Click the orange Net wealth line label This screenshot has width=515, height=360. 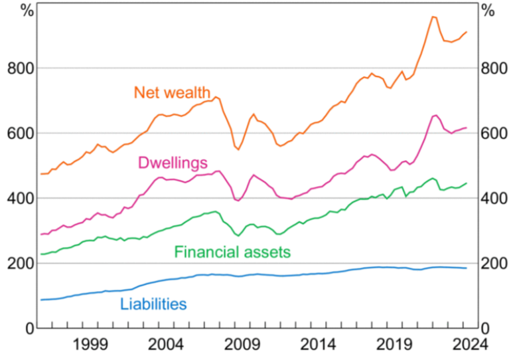[172, 92]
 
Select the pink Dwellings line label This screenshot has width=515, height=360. [173, 163]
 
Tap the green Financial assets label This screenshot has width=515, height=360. [232, 252]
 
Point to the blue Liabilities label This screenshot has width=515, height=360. [153, 304]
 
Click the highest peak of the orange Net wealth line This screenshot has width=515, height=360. [433, 17]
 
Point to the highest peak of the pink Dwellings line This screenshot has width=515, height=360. [435, 115]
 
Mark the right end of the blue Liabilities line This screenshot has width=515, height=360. [467, 268]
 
